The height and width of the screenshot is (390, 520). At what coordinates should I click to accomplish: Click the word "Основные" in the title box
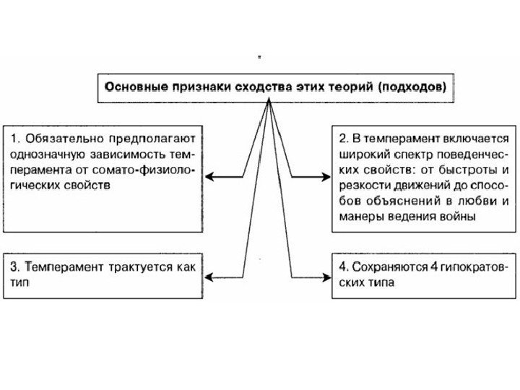[x=134, y=86]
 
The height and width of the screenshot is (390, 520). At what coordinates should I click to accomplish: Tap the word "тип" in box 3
[x=18, y=283]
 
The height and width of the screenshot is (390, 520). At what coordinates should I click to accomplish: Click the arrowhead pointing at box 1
[x=210, y=176]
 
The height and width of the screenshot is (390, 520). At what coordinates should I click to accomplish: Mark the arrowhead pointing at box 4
[x=326, y=275]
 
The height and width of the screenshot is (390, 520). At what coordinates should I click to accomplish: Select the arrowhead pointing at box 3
[x=210, y=275]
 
